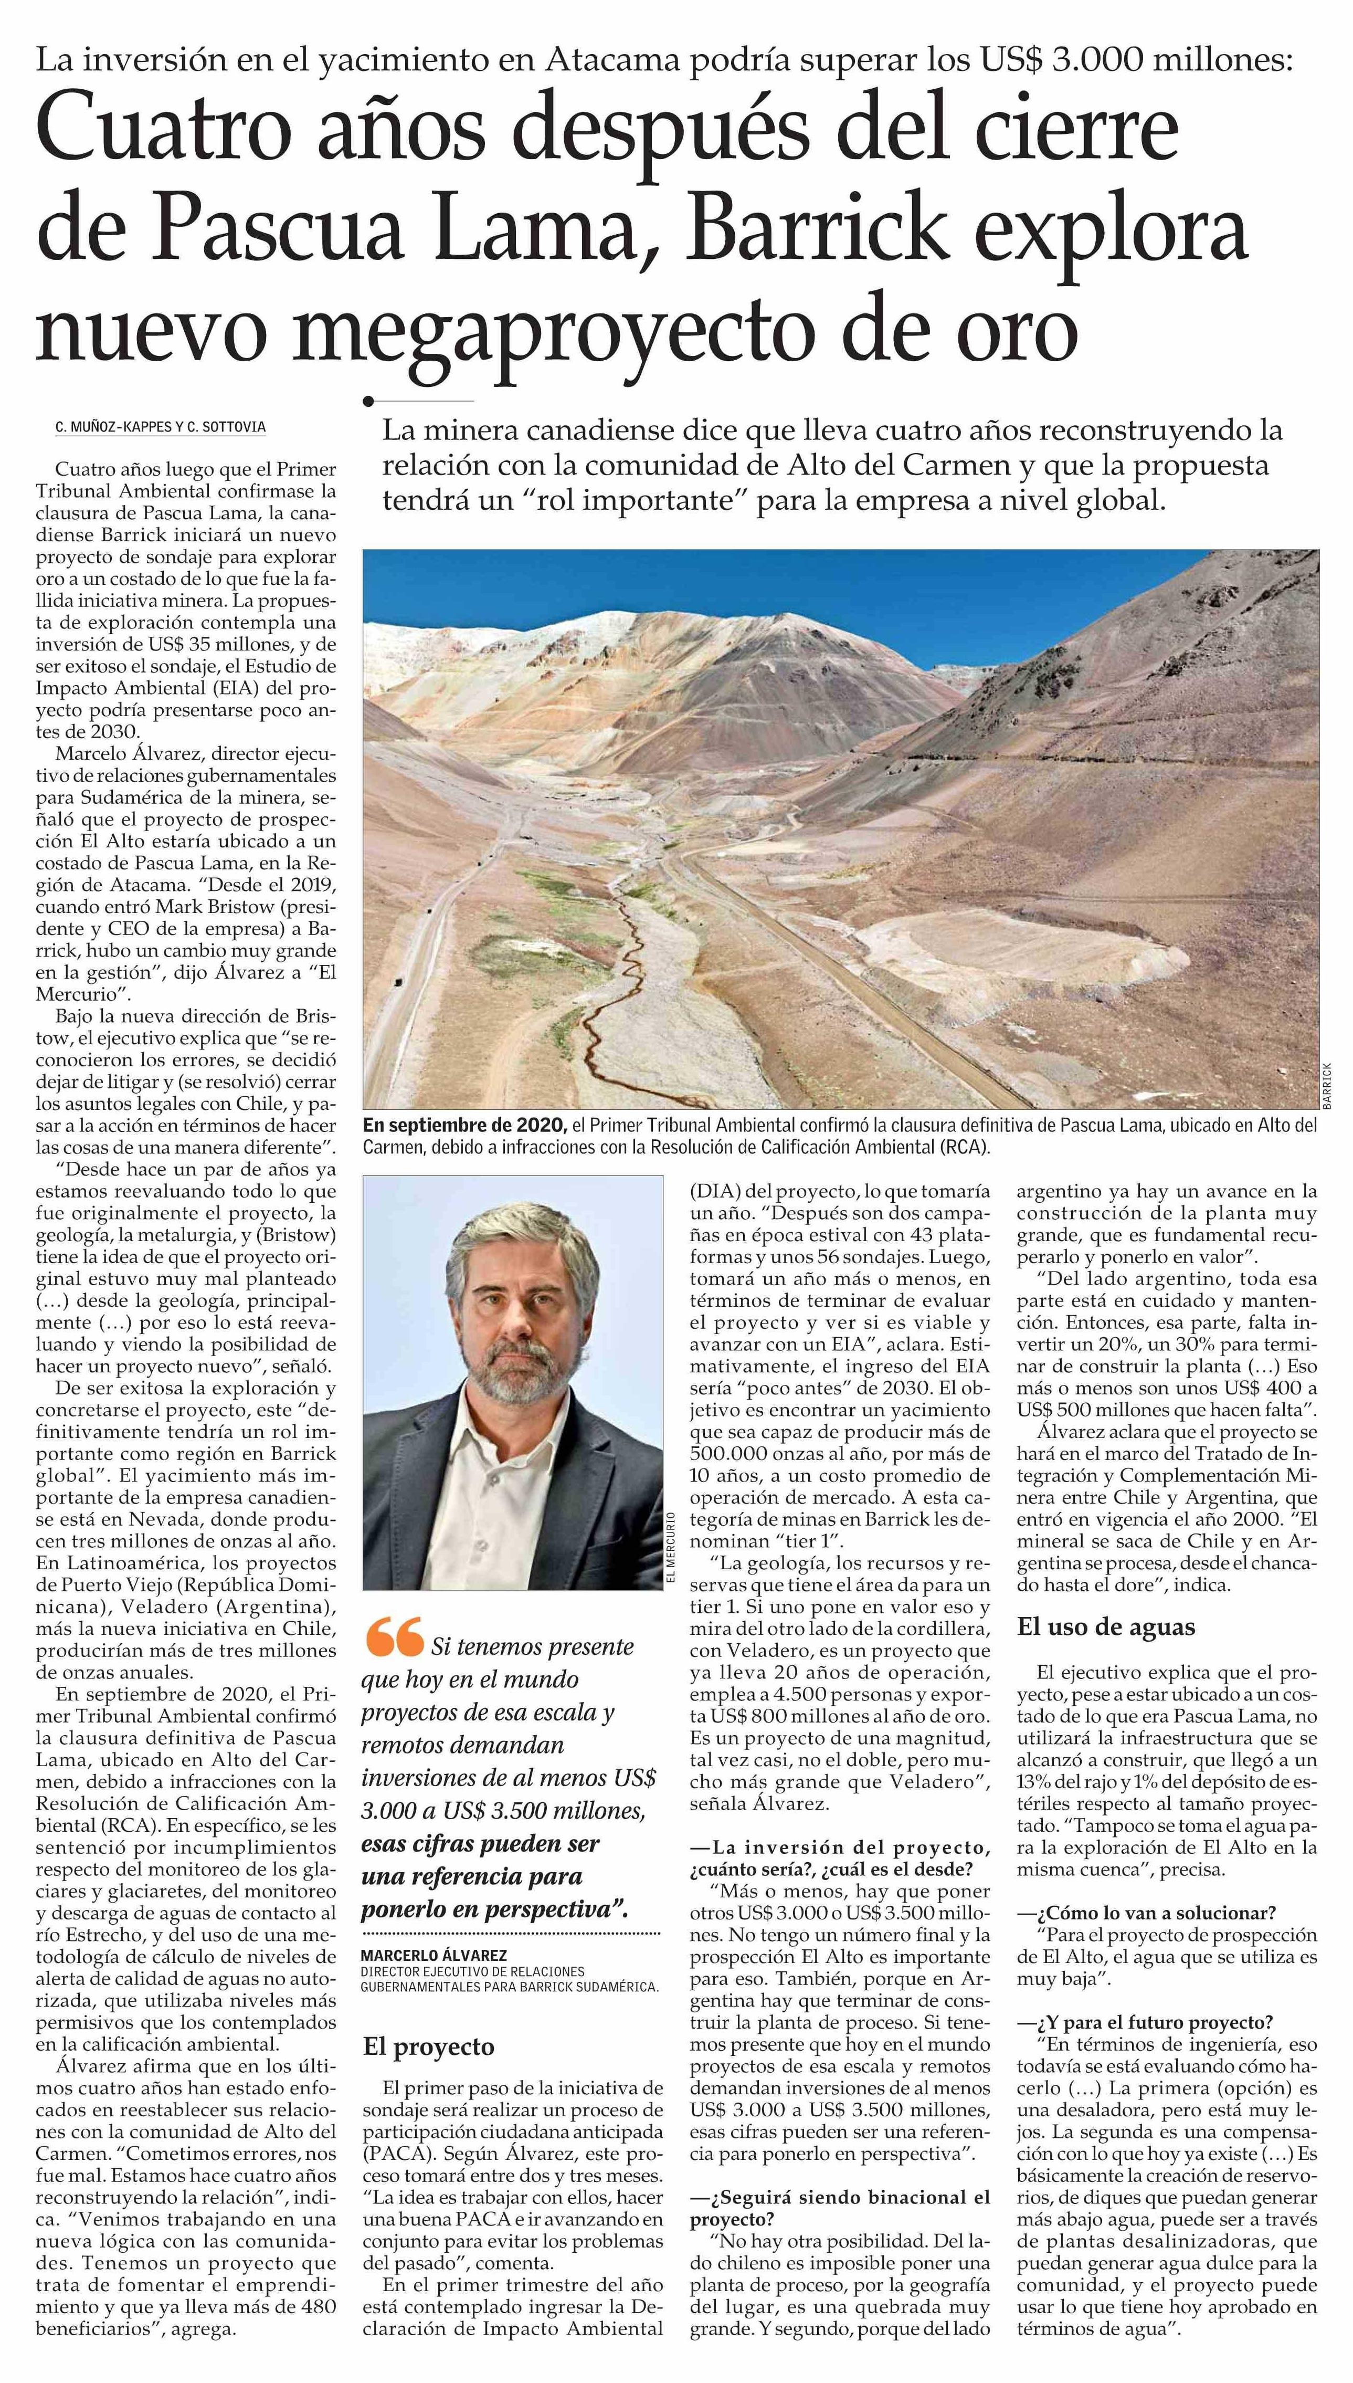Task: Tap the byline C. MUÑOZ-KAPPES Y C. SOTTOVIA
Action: coord(160,427)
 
